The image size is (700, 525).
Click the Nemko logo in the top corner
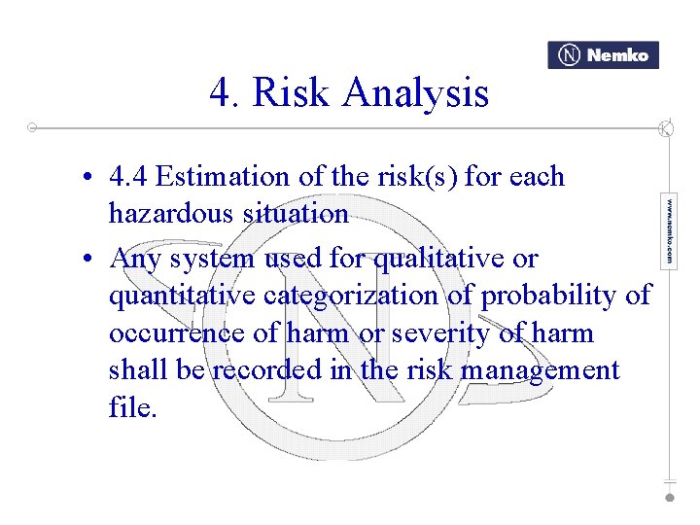tap(603, 55)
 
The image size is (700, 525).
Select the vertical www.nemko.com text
tap(669, 231)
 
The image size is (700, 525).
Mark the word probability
tap(543, 296)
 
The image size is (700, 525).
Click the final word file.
tap(132, 406)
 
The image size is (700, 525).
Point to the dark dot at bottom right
tap(669, 497)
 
